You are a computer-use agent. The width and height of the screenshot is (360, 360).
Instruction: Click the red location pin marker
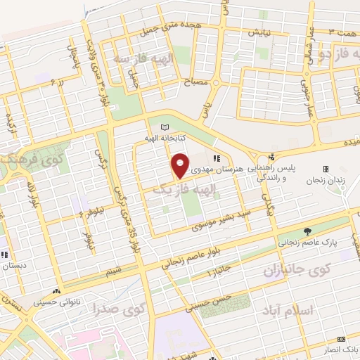point(181,165)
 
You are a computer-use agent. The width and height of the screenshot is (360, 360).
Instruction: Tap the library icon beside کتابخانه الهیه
point(165,127)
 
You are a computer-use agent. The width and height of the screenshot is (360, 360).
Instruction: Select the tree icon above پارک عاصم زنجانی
point(307,231)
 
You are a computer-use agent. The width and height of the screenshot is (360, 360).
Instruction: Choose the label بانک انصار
point(341,349)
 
